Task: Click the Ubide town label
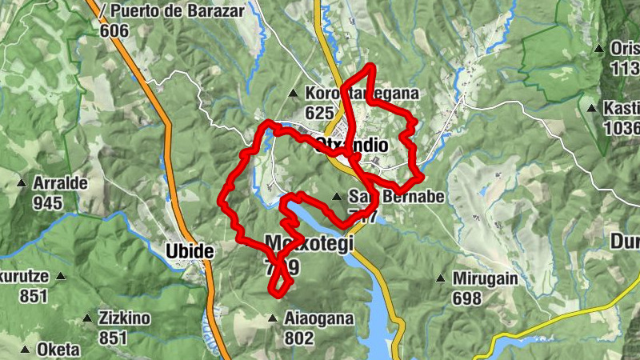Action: click(x=190, y=251)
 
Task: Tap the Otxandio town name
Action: click(x=352, y=146)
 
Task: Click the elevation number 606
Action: click(x=115, y=29)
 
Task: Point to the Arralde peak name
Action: click(x=60, y=182)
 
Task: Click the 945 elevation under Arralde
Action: click(x=48, y=202)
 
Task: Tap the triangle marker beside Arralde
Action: click(x=22, y=183)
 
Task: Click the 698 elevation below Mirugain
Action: click(x=466, y=299)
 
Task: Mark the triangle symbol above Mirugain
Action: click(x=440, y=279)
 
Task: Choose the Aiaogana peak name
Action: click(x=318, y=318)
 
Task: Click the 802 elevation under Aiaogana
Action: click(x=299, y=338)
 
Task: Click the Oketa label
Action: click(x=58, y=350)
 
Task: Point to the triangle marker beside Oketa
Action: click(x=25, y=350)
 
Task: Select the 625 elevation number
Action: click(x=319, y=113)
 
